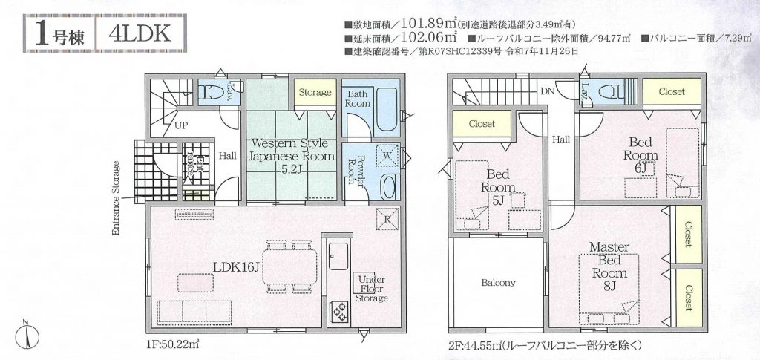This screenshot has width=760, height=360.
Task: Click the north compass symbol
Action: pos(27,334)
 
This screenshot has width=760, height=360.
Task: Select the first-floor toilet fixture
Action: pos(212,91)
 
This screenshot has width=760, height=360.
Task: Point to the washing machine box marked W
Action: pos(387,156)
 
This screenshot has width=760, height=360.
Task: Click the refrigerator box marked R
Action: pos(387,218)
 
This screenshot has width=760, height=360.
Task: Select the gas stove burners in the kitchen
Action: pos(338,311)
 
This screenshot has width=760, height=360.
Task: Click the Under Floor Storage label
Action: pos(371,289)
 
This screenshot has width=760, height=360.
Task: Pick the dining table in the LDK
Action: pos(290,266)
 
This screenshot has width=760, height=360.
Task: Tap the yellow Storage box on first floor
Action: pos(315,93)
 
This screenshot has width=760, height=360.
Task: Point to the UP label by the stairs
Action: pos(181,125)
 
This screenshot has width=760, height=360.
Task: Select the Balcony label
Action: pos(498,283)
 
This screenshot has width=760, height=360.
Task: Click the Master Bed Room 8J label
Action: pos(609,266)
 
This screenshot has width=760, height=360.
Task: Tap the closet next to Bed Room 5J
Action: pos(482,123)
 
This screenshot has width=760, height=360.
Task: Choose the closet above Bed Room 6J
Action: pos(672,91)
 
